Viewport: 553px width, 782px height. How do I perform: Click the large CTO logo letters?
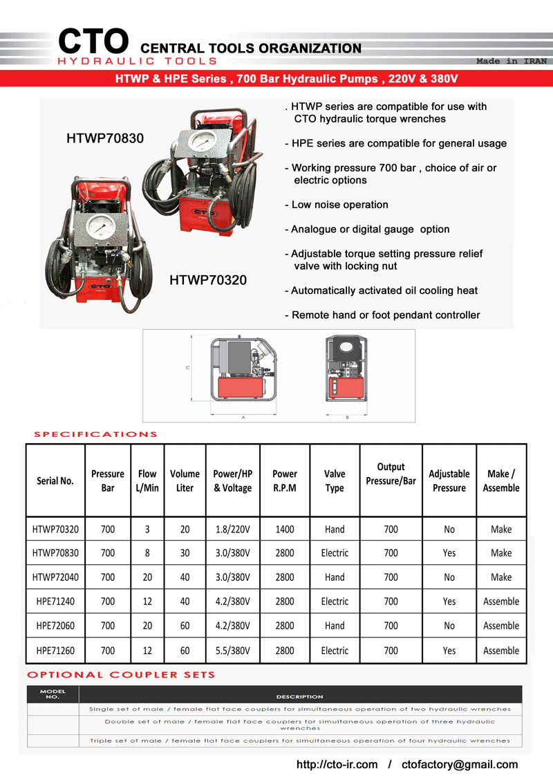point(93,41)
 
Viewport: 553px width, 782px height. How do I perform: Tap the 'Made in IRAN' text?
point(512,62)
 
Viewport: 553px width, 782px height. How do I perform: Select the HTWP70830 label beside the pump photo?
point(105,138)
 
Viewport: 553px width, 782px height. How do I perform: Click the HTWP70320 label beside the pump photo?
point(208,280)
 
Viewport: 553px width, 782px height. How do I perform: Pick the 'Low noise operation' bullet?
point(337,205)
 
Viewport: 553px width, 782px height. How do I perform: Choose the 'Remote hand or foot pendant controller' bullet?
point(382,315)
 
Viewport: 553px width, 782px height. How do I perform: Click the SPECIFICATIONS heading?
point(95,434)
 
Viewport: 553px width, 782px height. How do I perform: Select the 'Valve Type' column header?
point(335,481)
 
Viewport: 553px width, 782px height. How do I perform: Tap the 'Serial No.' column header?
point(55,481)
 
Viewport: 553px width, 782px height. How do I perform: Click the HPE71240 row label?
point(55,602)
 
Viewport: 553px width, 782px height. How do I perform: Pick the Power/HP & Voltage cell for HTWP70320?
point(232,530)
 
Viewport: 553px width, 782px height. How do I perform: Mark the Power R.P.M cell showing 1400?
point(285,530)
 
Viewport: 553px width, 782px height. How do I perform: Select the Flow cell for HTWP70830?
point(147,553)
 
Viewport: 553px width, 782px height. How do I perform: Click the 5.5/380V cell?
point(232,651)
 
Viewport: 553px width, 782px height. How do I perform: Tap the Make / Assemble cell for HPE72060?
point(501,626)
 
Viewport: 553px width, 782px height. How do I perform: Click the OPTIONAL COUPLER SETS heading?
point(121,674)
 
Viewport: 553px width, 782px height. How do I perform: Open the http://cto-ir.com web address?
point(337,764)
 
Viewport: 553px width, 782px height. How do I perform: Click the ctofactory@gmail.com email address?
point(460,764)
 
